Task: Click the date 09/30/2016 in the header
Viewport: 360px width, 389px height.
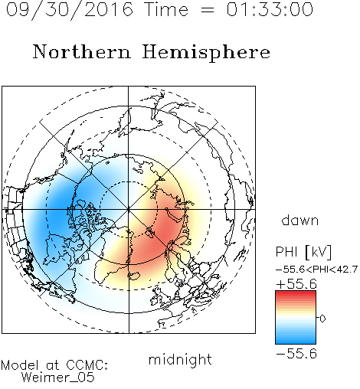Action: (x=70, y=10)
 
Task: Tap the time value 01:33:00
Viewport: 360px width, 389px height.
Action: (x=270, y=9)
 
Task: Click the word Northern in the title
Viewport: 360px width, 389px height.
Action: (x=82, y=51)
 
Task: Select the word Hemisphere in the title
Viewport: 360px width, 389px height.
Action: (x=206, y=53)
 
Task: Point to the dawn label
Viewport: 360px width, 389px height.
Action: (x=300, y=220)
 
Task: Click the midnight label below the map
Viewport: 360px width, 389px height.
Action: (x=180, y=360)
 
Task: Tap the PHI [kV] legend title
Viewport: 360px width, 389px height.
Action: (x=303, y=252)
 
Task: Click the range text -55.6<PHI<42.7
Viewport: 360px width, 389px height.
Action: (x=316, y=270)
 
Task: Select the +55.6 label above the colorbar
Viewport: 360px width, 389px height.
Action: (x=296, y=284)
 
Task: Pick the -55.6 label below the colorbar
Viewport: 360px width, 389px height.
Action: (x=296, y=354)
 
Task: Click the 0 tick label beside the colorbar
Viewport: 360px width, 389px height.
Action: (x=322, y=319)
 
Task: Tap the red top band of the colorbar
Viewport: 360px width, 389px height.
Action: (x=296, y=294)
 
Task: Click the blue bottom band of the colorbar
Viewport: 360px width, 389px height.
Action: (x=296, y=340)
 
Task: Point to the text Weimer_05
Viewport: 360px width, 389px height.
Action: (x=58, y=378)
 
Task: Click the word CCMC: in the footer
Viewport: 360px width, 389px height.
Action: (x=87, y=365)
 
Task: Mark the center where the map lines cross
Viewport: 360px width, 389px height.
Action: (x=129, y=210)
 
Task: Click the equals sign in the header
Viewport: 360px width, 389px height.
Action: (x=207, y=10)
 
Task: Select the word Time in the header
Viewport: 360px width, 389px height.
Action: (x=166, y=9)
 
